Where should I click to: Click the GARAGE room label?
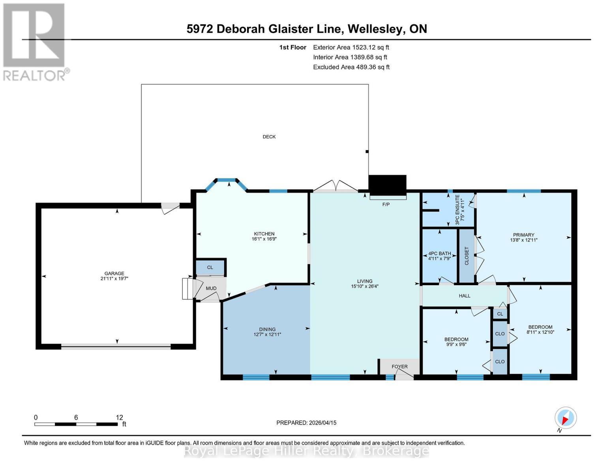pos(114,273)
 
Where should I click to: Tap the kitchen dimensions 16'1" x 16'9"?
pos(264,239)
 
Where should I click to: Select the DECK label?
pos(269,137)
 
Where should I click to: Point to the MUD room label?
pos(211,288)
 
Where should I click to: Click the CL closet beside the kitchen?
pos(210,267)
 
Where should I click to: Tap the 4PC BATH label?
pos(439,254)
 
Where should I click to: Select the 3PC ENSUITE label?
pos(457,210)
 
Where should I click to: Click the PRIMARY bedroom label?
pos(524,235)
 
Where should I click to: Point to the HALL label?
pos(465,296)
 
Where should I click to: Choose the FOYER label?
pos(399,367)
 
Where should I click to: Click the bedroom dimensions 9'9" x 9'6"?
pos(456,344)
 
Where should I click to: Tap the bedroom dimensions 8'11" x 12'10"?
pos(540,332)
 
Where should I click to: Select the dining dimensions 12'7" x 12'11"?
pos(267,335)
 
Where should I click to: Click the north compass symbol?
pos(565,418)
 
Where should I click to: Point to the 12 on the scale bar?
pos(120,418)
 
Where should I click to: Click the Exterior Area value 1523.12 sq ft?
pos(371,47)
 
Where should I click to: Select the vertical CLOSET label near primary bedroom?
pos(467,256)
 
